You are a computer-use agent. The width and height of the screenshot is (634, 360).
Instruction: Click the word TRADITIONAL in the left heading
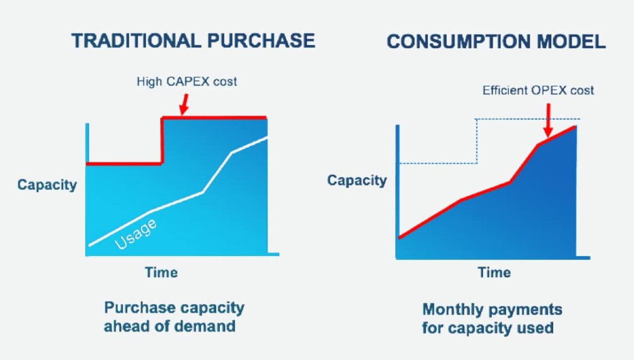pos(136,41)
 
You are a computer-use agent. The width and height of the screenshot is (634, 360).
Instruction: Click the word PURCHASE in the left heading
pos(261,41)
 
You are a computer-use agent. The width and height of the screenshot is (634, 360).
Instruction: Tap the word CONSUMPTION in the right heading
pos(459,42)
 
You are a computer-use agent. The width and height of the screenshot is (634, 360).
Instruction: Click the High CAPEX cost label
pos(187,82)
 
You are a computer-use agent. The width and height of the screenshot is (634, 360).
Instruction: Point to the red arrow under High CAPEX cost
pos(184,104)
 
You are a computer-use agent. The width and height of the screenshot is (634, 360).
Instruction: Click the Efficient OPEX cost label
pos(538,91)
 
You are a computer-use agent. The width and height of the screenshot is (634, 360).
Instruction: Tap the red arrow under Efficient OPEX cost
pos(548,120)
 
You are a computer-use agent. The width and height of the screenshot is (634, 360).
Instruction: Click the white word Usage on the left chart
pos(136,235)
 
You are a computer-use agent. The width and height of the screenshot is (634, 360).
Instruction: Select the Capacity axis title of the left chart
pos(47,185)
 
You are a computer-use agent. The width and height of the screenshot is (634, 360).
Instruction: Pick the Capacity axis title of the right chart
pos(357,180)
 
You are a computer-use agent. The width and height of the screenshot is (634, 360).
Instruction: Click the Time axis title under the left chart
pos(161,272)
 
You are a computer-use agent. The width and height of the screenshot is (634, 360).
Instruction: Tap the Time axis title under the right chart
pos(494,272)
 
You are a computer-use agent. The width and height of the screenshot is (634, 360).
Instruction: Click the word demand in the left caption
pos(205,326)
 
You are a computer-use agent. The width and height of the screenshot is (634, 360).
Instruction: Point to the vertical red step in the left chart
pos(162,141)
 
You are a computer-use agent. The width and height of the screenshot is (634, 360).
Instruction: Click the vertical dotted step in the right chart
pos(477,141)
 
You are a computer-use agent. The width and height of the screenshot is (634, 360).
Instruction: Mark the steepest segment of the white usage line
pos(217,173)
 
